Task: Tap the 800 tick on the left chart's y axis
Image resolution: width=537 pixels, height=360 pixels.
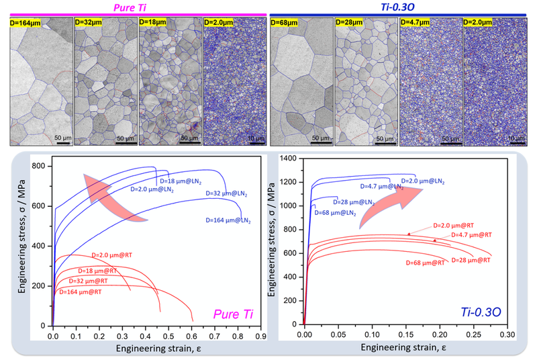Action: [x=41, y=166]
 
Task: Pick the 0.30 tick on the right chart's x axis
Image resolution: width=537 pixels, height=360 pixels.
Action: [x=507, y=334]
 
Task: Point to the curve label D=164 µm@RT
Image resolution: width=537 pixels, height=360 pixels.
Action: [x=84, y=292]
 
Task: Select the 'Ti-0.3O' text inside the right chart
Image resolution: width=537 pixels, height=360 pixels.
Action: [x=480, y=311]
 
